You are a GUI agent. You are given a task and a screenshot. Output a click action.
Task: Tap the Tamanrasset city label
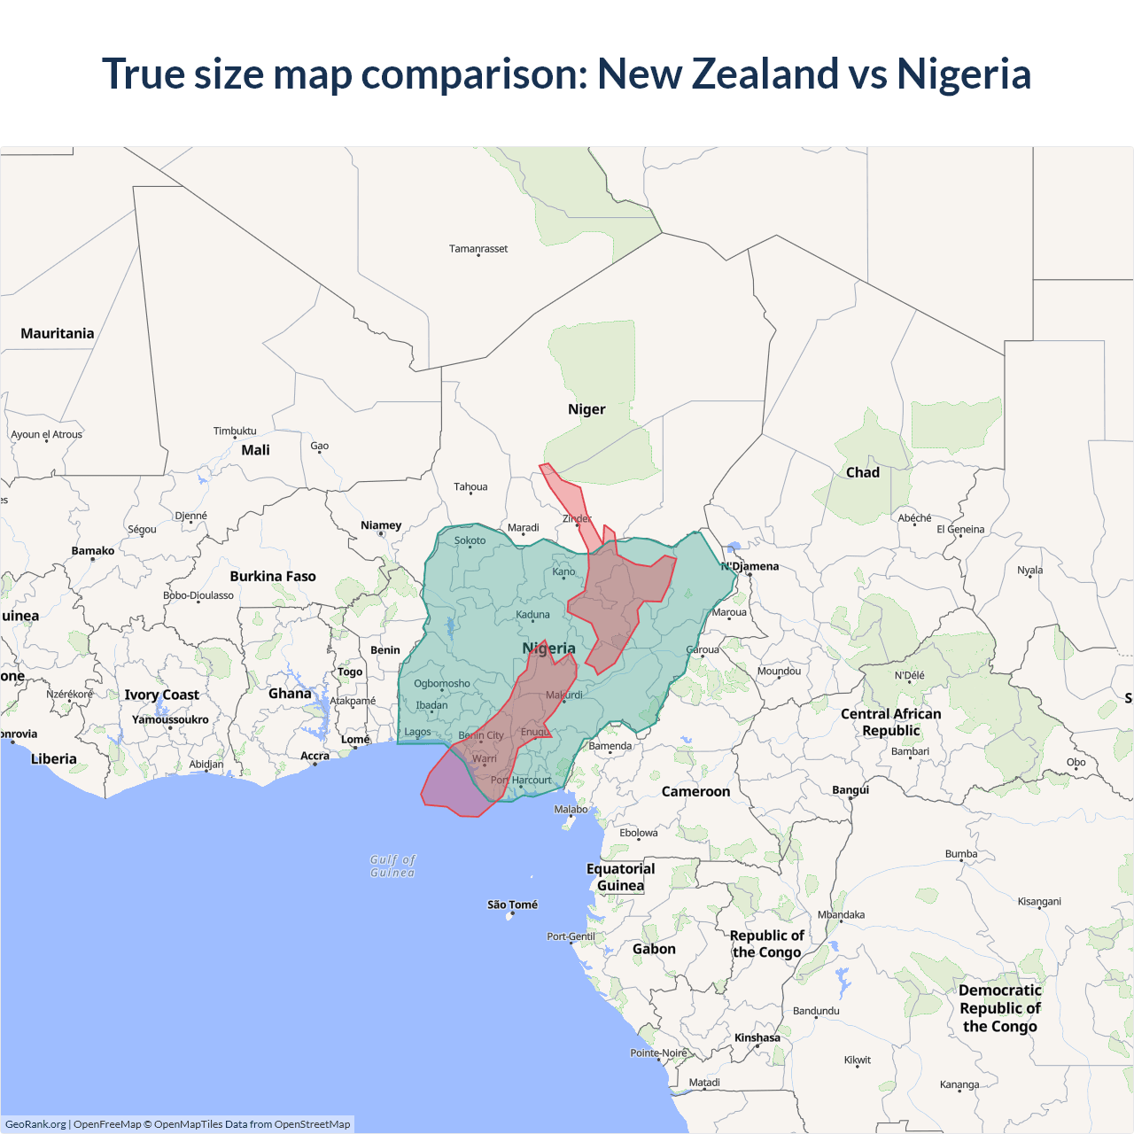[478, 249]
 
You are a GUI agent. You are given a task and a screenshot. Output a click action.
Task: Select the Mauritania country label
[58, 333]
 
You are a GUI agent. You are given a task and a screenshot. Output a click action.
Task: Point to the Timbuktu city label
[235, 431]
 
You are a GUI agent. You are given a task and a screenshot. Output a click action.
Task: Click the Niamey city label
[381, 525]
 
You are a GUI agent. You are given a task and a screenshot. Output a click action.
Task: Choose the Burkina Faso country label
[273, 576]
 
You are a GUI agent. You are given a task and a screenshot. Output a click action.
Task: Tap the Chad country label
[863, 472]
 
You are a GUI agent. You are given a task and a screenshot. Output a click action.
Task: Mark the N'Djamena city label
[750, 566]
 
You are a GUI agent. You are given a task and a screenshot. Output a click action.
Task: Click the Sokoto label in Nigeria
[470, 540]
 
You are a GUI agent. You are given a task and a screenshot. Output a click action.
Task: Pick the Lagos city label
[417, 732]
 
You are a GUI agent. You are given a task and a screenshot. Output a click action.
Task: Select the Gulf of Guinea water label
[392, 866]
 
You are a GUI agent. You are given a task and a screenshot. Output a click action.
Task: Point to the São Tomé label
[512, 905]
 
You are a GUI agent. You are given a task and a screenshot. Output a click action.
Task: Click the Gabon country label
[654, 949]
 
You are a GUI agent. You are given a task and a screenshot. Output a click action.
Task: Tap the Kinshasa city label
[757, 1037]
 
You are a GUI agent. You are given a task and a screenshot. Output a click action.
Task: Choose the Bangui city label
[850, 789]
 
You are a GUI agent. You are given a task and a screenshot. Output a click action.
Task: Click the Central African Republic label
[891, 722]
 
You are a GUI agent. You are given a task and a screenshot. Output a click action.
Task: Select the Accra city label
[315, 756]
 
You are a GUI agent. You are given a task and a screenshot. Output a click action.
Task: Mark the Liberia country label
[54, 758]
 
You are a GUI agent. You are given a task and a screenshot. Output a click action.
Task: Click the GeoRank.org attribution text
[35, 1124]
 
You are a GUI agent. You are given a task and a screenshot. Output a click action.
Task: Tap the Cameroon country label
[696, 791]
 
